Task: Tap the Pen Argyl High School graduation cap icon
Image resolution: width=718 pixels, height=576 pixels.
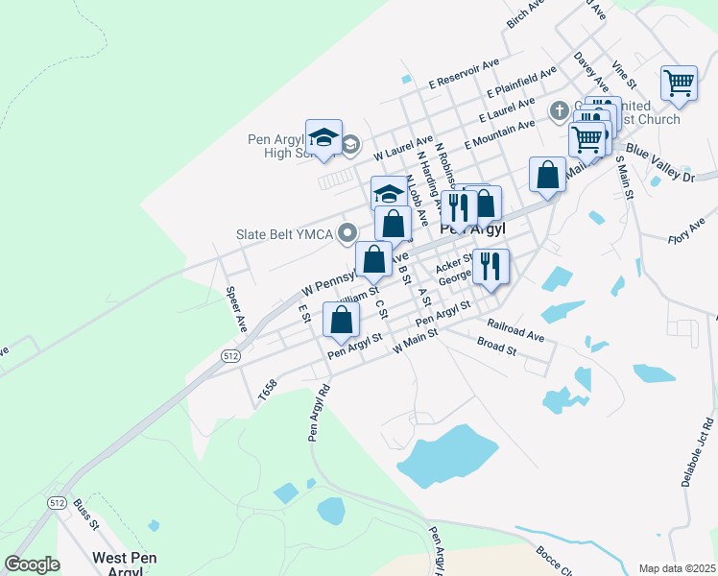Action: pyautogui.click(x=324, y=138)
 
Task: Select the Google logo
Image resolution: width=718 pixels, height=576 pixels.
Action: pyautogui.click(x=32, y=564)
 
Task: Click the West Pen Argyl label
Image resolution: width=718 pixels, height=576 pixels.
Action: pyautogui.click(x=125, y=564)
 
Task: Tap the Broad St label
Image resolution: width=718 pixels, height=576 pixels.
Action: pyautogui.click(x=496, y=347)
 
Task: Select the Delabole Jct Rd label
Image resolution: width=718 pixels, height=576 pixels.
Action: pyautogui.click(x=698, y=451)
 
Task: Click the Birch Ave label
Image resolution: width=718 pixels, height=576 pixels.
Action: pyautogui.click(x=525, y=13)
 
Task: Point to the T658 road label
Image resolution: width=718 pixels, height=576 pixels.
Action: pyautogui.click(x=267, y=389)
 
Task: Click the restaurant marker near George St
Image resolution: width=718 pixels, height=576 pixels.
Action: pyautogui.click(x=491, y=266)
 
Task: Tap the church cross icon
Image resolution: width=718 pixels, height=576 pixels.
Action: pyautogui.click(x=559, y=111)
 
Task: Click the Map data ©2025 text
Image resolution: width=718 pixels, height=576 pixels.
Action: pyautogui.click(x=677, y=566)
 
